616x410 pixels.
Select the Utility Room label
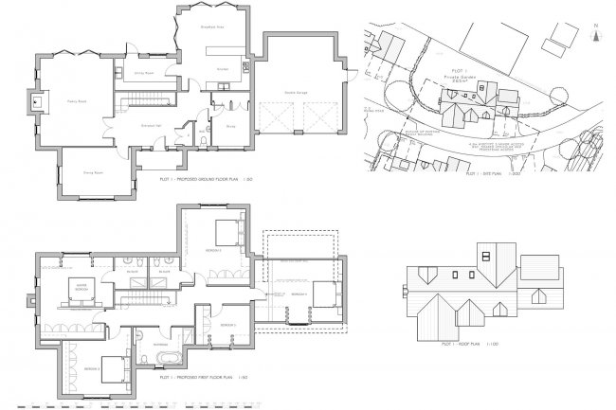(131, 72)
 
